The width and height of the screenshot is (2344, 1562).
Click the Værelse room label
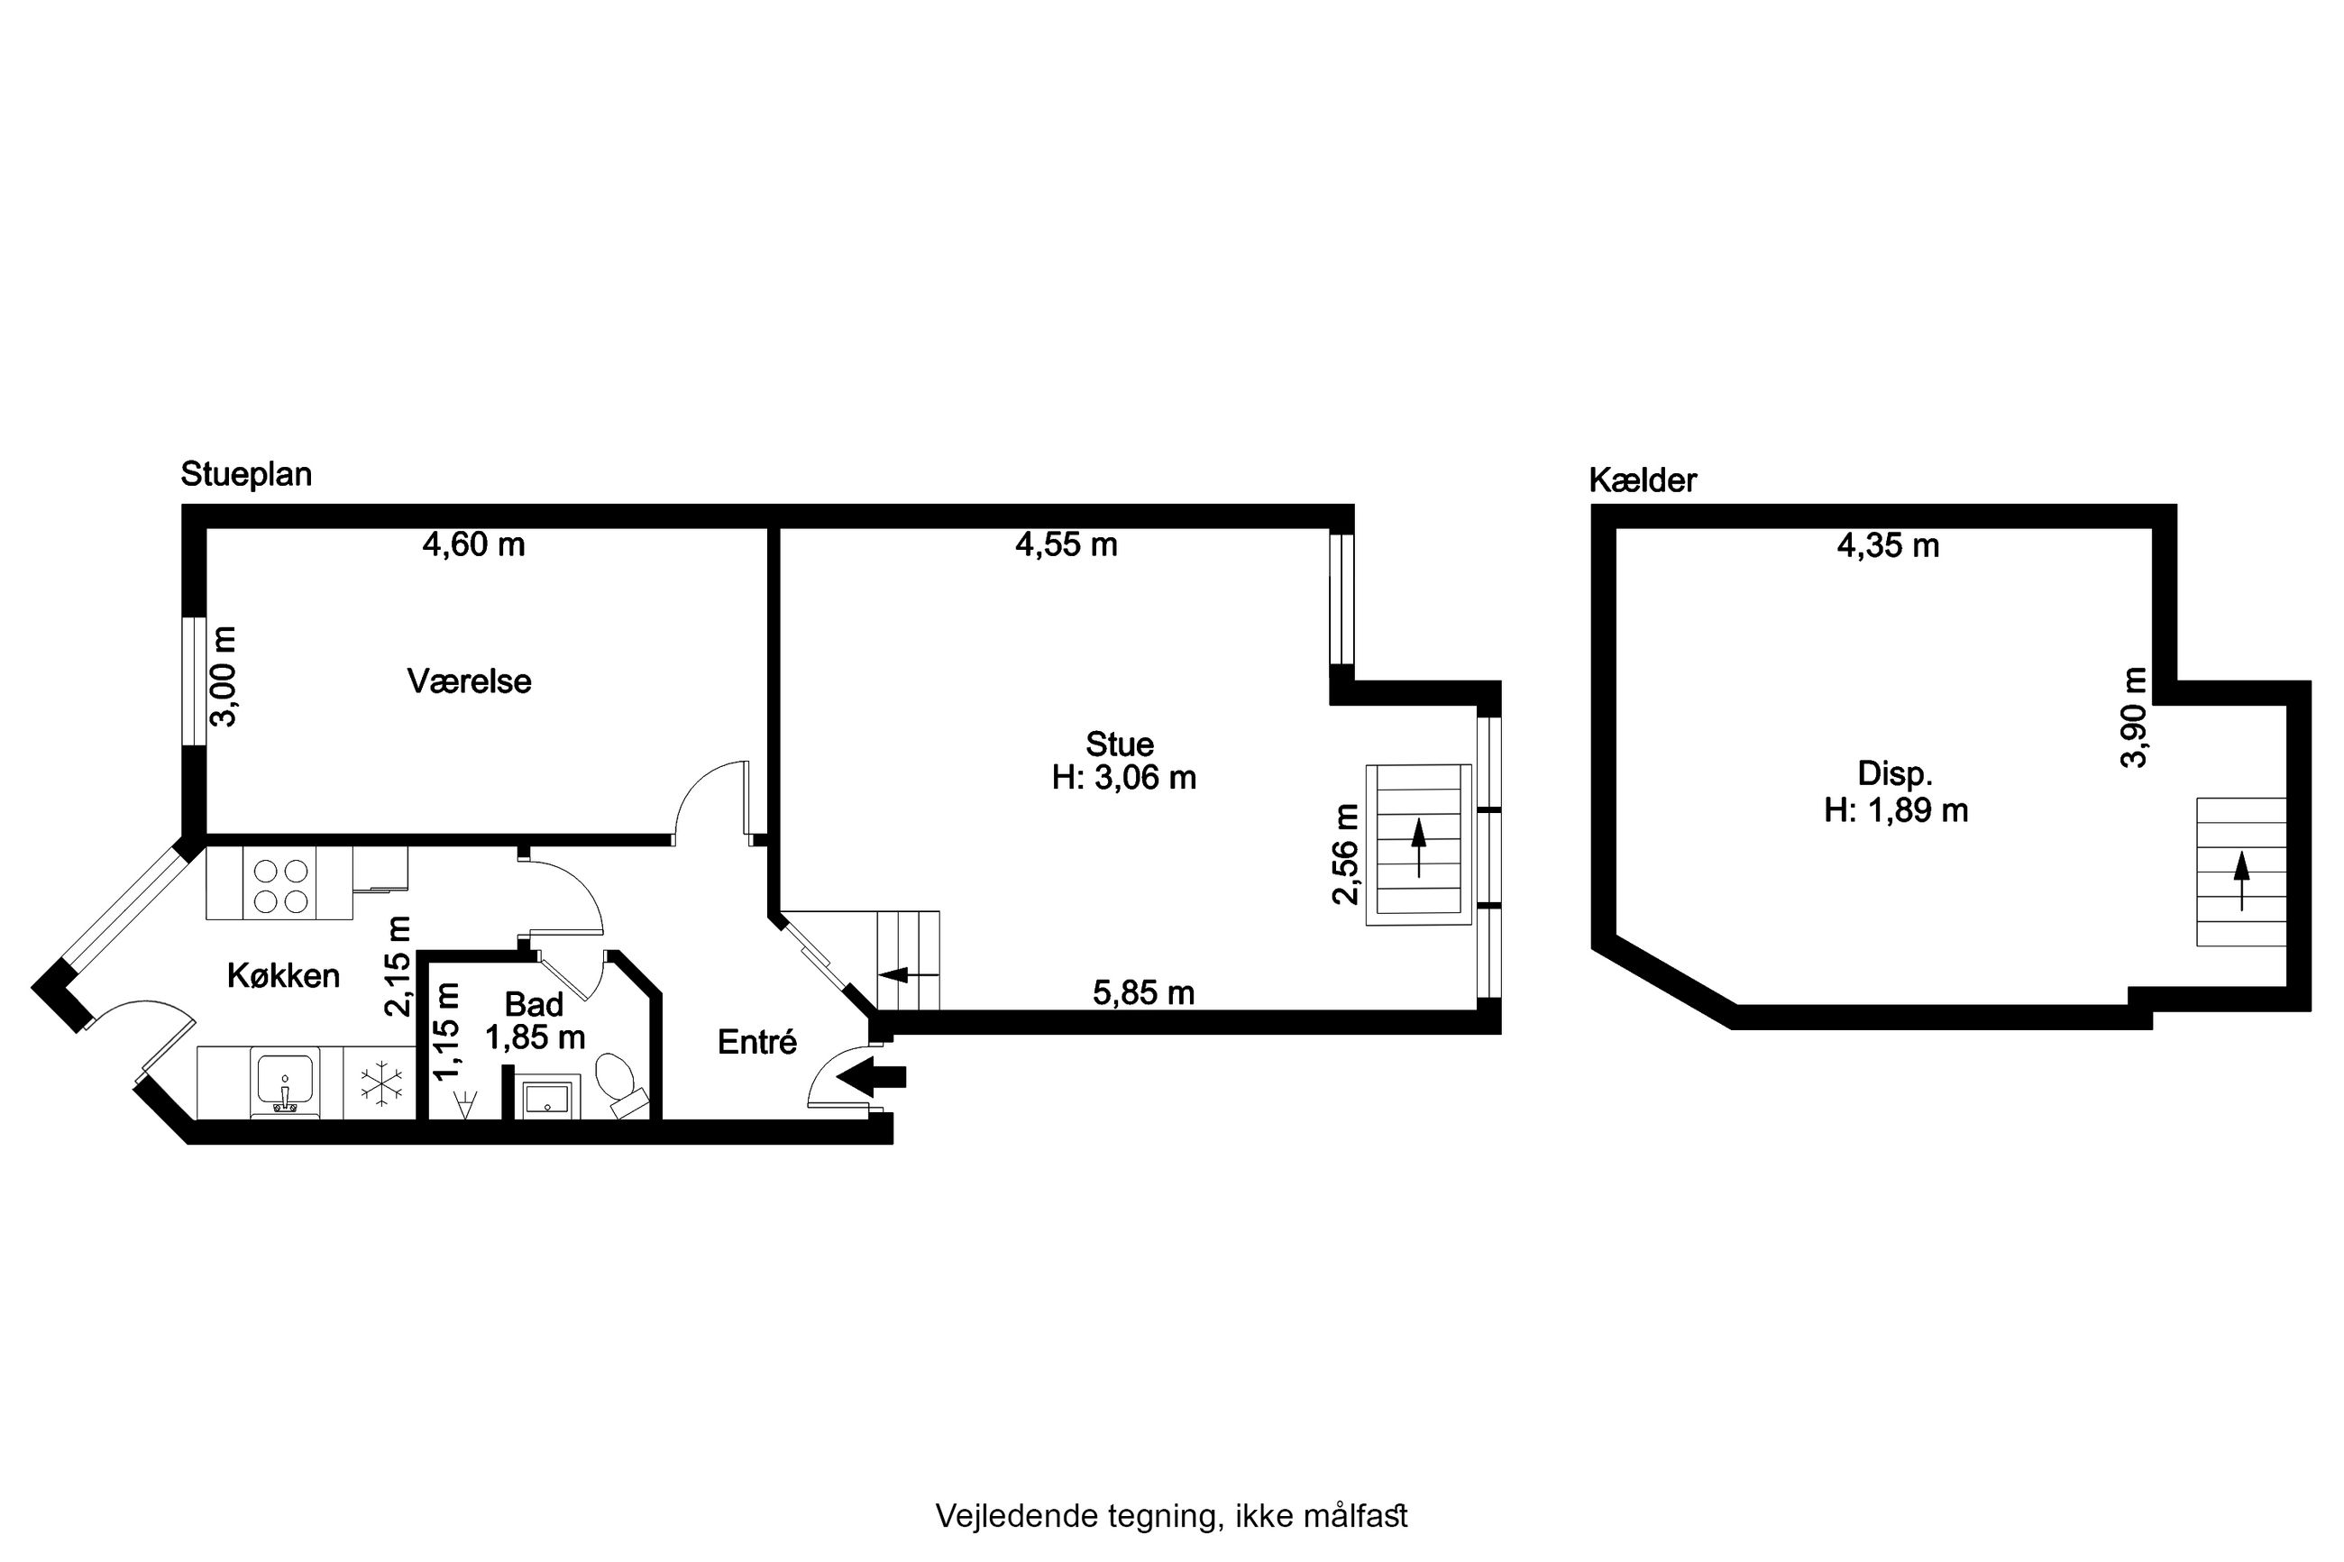(469, 681)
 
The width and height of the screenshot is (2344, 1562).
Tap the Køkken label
(283, 975)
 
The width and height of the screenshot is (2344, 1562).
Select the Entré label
(757, 1042)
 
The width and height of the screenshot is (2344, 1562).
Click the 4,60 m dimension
(473, 545)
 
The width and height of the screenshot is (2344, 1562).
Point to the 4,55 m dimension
(1066, 545)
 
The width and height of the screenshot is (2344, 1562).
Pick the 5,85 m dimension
(1144, 992)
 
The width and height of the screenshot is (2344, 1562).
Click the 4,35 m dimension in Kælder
(1888, 546)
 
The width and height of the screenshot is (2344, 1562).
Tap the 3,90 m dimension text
(2134, 717)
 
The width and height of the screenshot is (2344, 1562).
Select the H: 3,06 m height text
(1123, 777)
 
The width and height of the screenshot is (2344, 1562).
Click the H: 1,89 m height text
(1896, 811)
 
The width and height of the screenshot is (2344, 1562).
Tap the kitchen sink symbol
(285, 1082)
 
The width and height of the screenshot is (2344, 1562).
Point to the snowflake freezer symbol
(381, 1085)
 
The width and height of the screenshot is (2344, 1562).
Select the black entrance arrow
(872, 1076)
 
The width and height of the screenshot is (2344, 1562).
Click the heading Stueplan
(246, 475)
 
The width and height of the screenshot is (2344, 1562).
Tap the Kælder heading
(1643, 480)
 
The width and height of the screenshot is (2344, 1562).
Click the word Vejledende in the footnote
(1017, 1516)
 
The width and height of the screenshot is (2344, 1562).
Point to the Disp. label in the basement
(1895, 774)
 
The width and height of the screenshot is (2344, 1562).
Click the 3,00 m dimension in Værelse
(225, 676)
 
